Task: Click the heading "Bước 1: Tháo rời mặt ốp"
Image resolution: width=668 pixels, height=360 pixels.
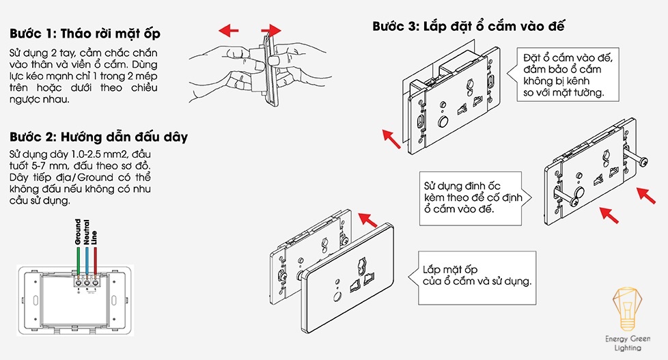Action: click(85, 33)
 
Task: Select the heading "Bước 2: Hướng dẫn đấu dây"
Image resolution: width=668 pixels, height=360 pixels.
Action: click(98, 136)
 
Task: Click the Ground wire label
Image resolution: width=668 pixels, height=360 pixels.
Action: click(77, 232)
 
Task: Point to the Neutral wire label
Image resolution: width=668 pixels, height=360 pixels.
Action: click(86, 232)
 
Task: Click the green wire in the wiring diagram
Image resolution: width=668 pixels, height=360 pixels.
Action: click(78, 262)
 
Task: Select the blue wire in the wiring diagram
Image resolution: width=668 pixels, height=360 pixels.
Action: click(87, 262)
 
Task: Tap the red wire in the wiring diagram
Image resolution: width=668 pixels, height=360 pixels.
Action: click(95, 262)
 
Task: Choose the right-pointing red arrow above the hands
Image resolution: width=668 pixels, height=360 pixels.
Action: click(271, 30)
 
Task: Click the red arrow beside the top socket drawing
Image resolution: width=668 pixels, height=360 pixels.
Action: click(391, 139)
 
